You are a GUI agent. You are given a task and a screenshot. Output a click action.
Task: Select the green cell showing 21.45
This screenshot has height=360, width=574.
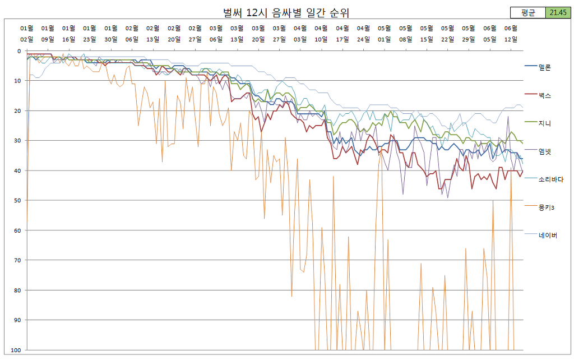click(x=557, y=12)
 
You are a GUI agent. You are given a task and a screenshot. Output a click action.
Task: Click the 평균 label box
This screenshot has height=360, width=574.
click(x=527, y=12)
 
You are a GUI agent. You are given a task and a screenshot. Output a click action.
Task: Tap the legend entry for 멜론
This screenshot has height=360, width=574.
click(x=544, y=67)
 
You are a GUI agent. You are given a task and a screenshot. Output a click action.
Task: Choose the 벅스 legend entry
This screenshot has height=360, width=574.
click(x=544, y=95)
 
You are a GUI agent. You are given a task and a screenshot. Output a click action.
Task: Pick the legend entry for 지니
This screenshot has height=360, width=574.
click(x=544, y=123)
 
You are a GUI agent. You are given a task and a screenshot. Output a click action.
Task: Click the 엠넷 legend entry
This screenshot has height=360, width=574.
click(x=544, y=151)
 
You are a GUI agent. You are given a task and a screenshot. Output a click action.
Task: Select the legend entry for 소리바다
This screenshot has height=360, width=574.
click(x=550, y=179)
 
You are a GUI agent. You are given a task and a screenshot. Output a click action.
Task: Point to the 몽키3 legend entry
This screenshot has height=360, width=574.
click(x=546, y=207)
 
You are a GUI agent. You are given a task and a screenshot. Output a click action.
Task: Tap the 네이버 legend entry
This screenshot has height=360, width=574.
click(x=547, y=236)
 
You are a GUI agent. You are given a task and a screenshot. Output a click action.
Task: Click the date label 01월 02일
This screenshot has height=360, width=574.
click(x=27, y=33)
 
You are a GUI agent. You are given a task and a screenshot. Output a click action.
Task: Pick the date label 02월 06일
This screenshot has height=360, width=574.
click(x=132, y=33)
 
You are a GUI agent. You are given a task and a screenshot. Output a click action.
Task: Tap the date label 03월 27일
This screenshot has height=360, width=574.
click(x=279, y=33)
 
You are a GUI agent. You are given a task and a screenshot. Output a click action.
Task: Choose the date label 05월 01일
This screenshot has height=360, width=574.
click(x=384, y=33)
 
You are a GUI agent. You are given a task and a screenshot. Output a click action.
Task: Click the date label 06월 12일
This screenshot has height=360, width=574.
click(x=511, y=33)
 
